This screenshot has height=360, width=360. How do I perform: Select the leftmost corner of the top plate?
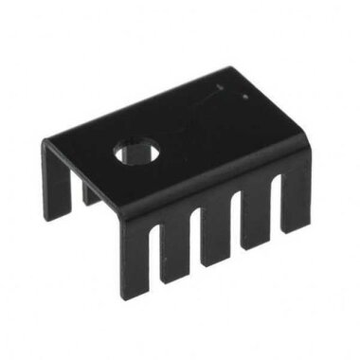pyautogui.click(x=44, y=141)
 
